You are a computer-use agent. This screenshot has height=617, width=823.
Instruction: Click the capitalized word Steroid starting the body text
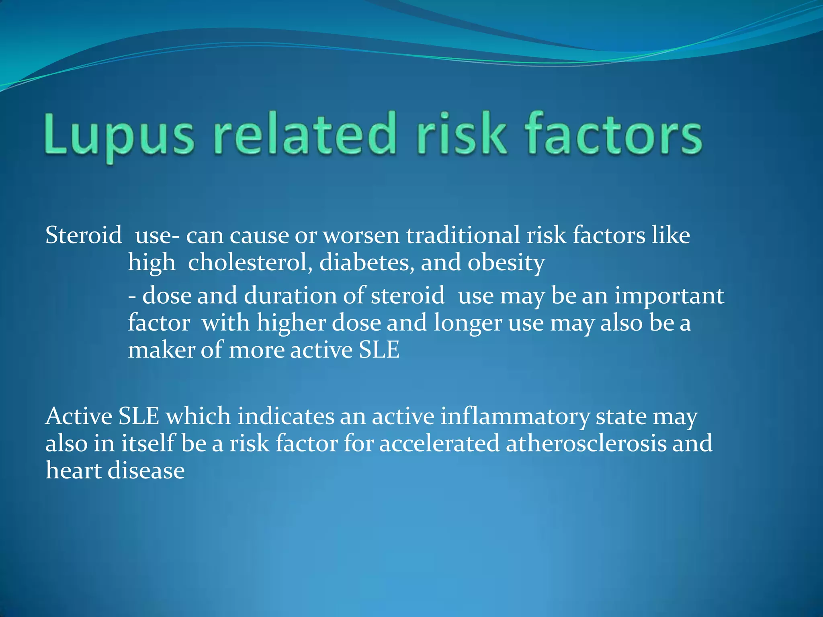pyautogui.click(x=84, y=235)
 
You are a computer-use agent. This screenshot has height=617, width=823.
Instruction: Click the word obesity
pyautogui.click(x=506, y=264)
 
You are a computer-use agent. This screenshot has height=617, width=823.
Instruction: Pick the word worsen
pyautogui.click(x=361, y=236)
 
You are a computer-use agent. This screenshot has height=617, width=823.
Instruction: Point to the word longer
pyautogui.click(x=468, y=323)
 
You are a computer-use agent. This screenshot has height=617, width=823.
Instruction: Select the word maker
pyautogui.click(x=161, y=350)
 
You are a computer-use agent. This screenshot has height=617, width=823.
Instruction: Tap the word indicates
pyautogui.click(x=285, y=416)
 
